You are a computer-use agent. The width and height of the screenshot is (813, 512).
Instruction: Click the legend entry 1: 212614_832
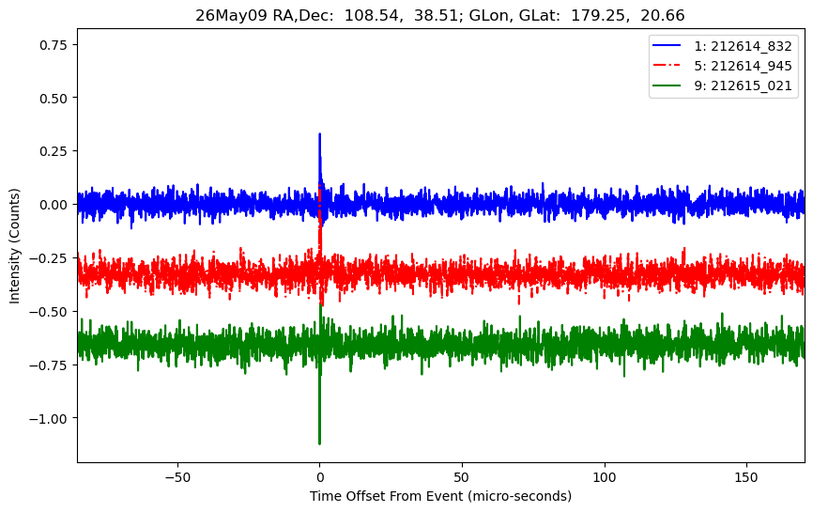[722, 46]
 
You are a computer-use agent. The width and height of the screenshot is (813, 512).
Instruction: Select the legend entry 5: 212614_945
[722, 66]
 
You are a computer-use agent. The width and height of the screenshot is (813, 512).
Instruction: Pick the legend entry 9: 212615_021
[722, 85]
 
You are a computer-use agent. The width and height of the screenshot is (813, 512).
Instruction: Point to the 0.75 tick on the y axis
[54, 45]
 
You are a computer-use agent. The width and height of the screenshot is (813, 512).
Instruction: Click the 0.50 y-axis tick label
[54, 98]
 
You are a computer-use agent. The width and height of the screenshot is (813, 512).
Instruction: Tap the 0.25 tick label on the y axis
[54, 151]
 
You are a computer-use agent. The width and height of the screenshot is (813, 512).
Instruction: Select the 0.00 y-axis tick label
[54, 205]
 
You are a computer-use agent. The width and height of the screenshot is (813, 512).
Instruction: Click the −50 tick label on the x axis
[177, 477]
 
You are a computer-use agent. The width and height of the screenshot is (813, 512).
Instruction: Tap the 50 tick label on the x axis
[462, 477]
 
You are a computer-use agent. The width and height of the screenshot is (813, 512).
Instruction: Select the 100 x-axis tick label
[604, 477]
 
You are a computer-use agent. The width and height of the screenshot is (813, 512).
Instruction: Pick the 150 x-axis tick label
[746, 477]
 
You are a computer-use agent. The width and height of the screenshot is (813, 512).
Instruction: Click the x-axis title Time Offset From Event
[386, 496]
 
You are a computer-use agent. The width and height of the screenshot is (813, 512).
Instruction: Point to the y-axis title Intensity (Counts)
[14, 246]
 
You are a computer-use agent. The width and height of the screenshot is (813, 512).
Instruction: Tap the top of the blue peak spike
[319, 133]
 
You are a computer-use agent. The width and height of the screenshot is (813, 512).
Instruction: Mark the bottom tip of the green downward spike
[319, 443]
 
